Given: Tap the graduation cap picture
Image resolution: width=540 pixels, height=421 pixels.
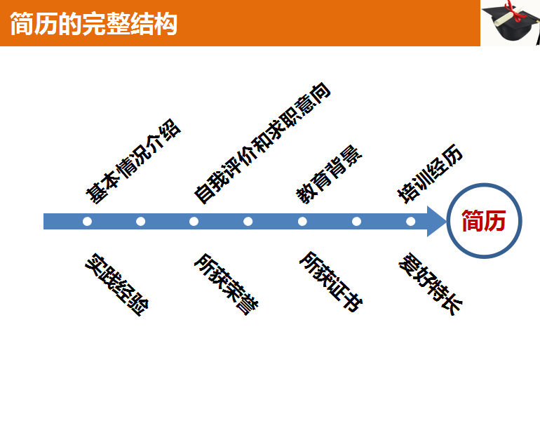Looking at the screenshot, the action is click(x=511, y=22).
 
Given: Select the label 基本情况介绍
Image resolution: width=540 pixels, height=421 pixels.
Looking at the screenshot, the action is click(x=133, y=163).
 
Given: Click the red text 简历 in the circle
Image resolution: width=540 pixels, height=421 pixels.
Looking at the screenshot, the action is click(x=483, y=222).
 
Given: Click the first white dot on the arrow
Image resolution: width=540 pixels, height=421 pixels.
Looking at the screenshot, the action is click(x=87, y=222).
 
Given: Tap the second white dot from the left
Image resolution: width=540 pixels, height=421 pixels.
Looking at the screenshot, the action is click(x=141, y=222).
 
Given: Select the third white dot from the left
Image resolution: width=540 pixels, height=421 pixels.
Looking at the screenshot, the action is click(x=194, y=222).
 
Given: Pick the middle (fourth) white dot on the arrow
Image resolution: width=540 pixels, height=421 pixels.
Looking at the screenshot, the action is click(x=248, y=222).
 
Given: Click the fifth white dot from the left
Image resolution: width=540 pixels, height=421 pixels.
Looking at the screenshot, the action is click(x=302, y=222).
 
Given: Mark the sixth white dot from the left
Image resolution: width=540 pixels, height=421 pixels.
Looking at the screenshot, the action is click(x=356, y=222).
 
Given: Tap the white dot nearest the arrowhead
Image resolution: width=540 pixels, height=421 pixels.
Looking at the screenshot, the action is click(x=410, y=222).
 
